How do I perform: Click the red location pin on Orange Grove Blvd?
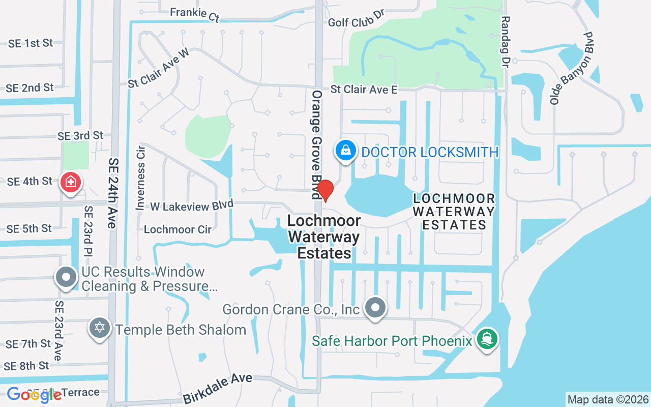click(x=325, y=190)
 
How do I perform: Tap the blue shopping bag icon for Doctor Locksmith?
click(x=345, y=151)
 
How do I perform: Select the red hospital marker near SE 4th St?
click(x=71, y=182)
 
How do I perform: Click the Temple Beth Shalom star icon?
click(x=100, y=328)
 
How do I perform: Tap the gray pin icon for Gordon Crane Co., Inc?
click(x=376, y=308)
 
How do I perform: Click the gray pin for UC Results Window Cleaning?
click(x=66, y=277)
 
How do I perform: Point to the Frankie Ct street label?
click(x=195, y=14)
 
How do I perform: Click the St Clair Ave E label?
click(x=364, y=90)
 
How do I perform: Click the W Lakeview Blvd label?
click(x=192, y=205)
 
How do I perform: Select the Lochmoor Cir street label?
click(x=177, y=229)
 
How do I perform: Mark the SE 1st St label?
click(x=31, y=43)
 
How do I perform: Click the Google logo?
click(x=34, y=395)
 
